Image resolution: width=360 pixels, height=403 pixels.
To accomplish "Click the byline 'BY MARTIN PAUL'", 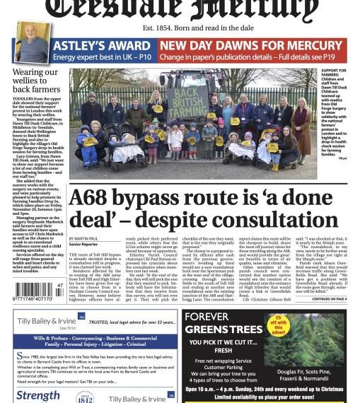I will [86, 239].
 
